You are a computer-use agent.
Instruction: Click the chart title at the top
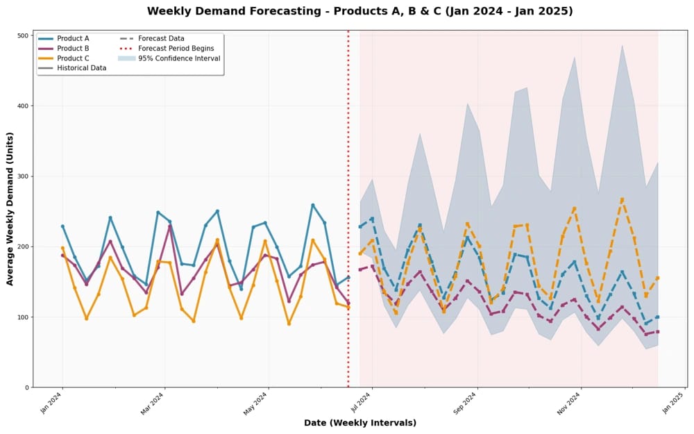[359, 11]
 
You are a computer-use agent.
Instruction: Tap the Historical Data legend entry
[82, 68]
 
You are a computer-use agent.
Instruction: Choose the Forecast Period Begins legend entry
[176, 49]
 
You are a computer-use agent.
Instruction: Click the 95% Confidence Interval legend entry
[178, 58]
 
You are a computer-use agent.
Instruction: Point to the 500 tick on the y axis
[24, 35]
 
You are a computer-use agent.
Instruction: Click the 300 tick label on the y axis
[24, 176]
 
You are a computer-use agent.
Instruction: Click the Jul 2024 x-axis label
[363, 403]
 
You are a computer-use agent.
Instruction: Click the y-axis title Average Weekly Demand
[10, 208]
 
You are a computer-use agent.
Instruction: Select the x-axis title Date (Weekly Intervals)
[359, 423]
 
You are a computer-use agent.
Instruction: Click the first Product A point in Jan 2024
[62, 226]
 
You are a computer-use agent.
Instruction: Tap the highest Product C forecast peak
[622, 199]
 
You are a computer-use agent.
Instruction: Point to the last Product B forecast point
[657, 331]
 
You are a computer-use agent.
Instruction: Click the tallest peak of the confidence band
[622, 45]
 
